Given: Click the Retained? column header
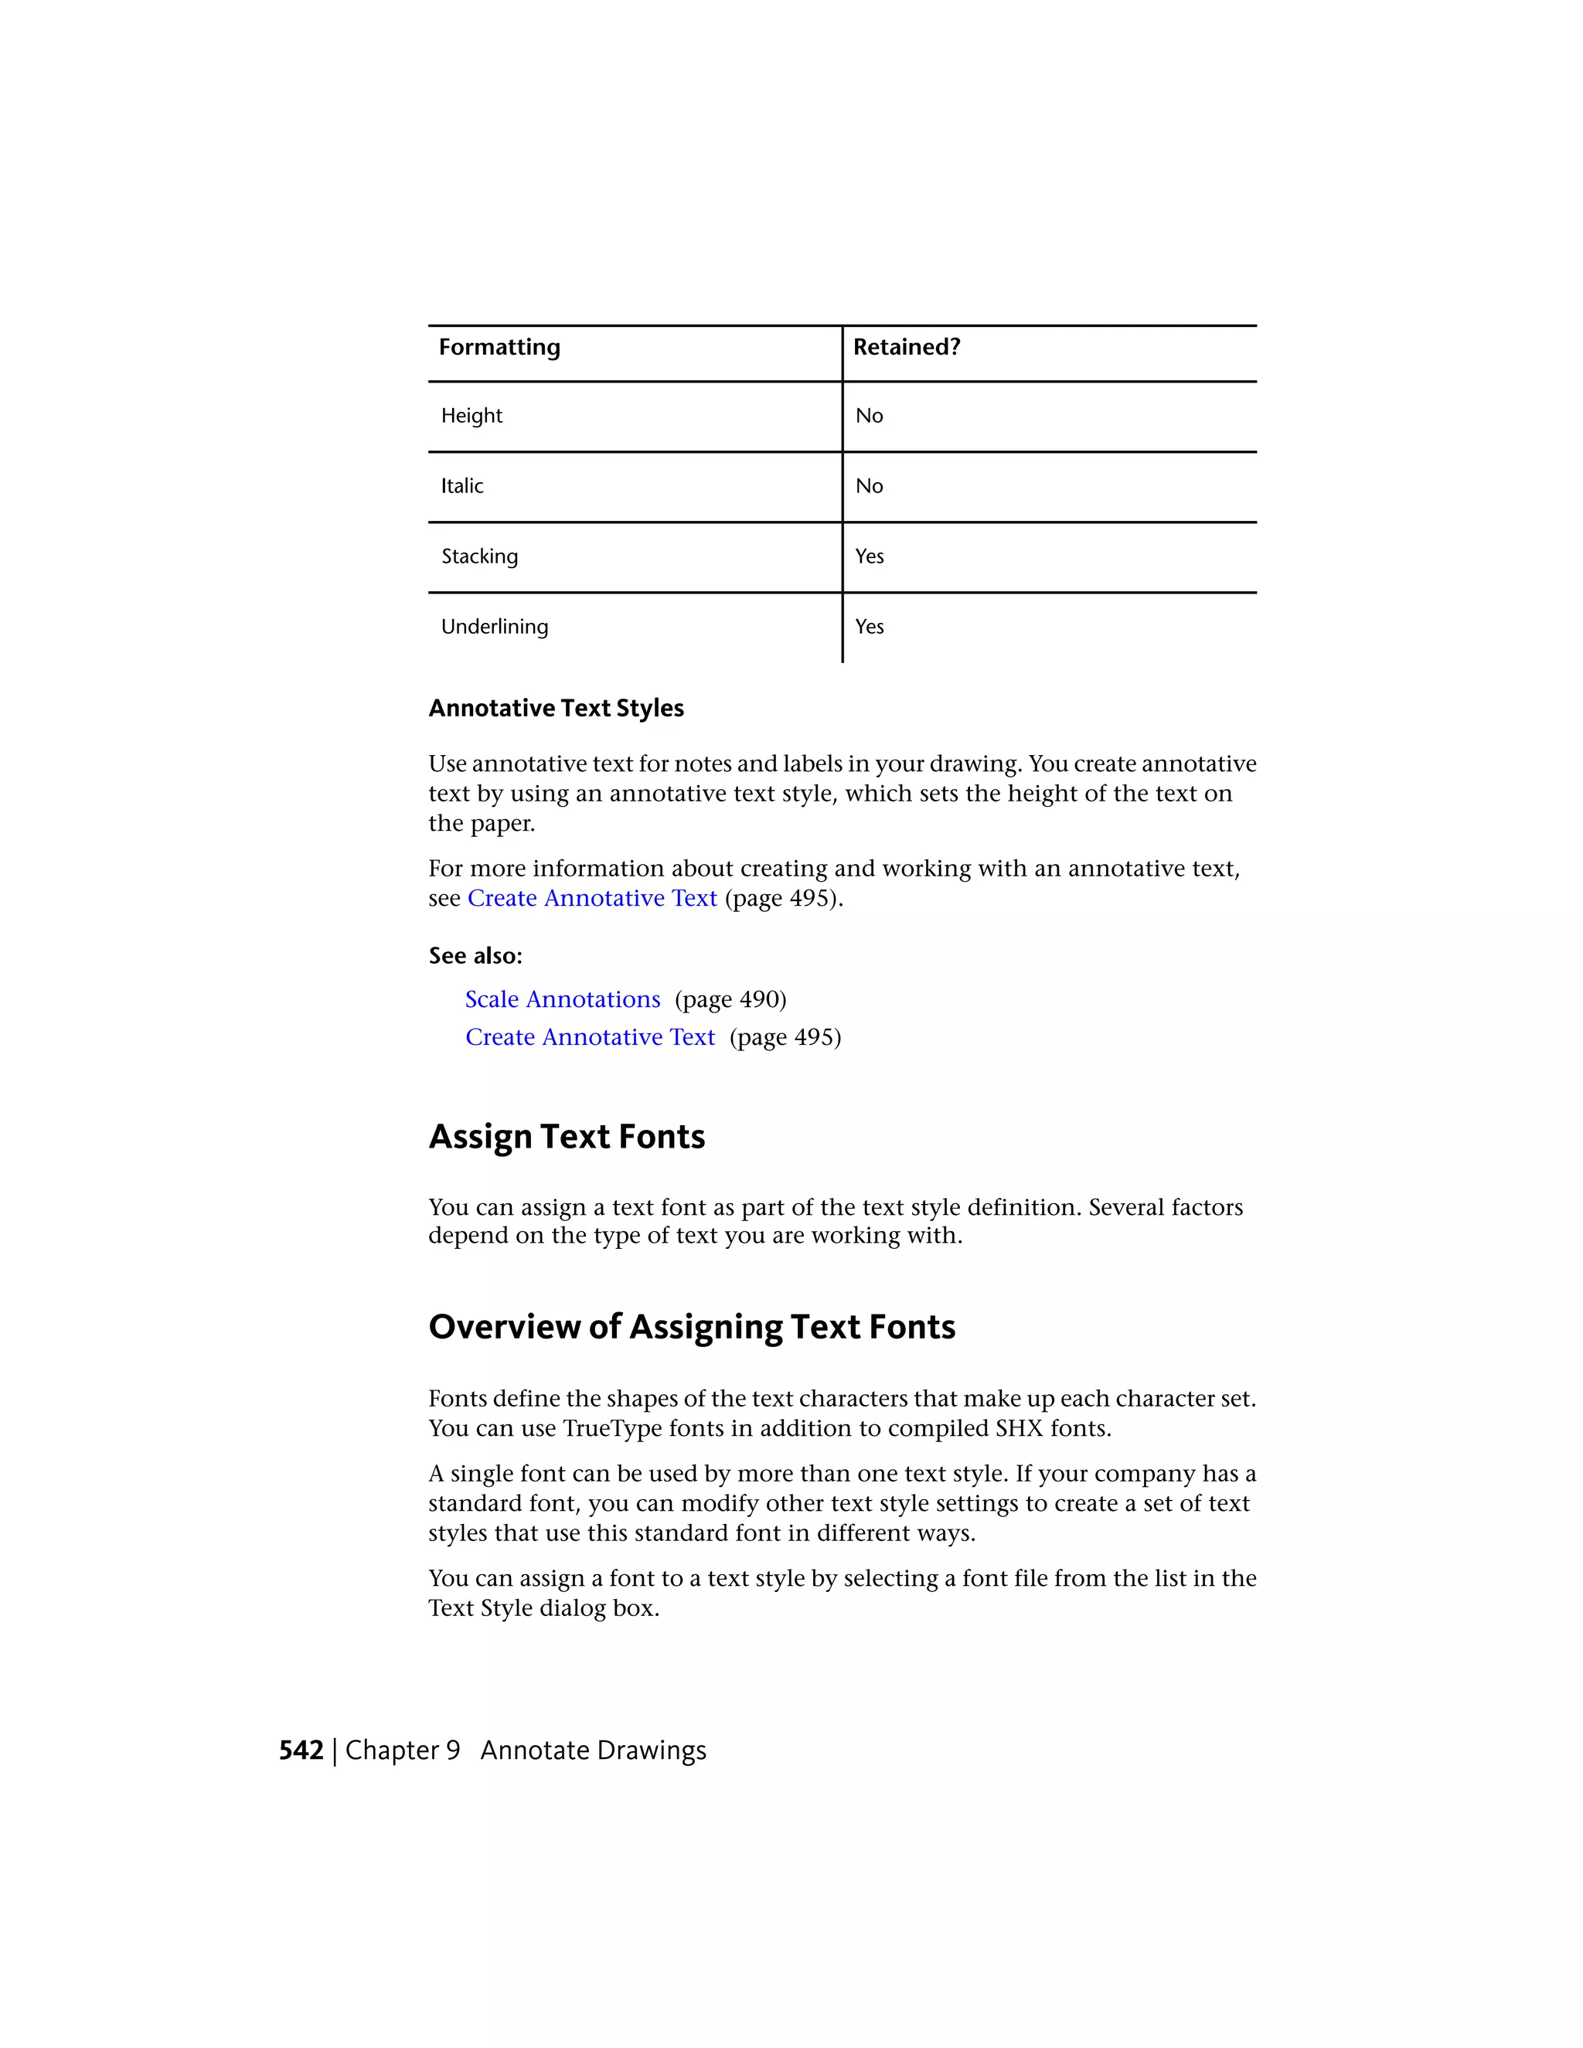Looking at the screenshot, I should (906, 347).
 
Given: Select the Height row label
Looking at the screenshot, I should (471, 416).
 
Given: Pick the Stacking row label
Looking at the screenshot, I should (479, 556).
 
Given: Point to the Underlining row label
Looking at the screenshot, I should (494, 627).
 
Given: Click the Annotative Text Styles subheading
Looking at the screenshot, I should (556, 708).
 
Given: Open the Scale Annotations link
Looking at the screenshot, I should (563, 998).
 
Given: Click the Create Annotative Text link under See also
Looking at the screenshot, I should (590, 1037).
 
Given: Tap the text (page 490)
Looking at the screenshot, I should (730, 999).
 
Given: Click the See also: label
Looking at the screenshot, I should (475, 955).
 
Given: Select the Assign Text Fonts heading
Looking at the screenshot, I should (567, 1137).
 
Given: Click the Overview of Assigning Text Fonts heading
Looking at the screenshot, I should (691, 1327).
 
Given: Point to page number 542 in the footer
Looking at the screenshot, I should (301, 1750).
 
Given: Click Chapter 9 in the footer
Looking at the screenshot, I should (402, 1750).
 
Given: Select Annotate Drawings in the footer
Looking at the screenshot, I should (593, 1750).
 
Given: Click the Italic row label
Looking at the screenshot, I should (462, 486).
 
